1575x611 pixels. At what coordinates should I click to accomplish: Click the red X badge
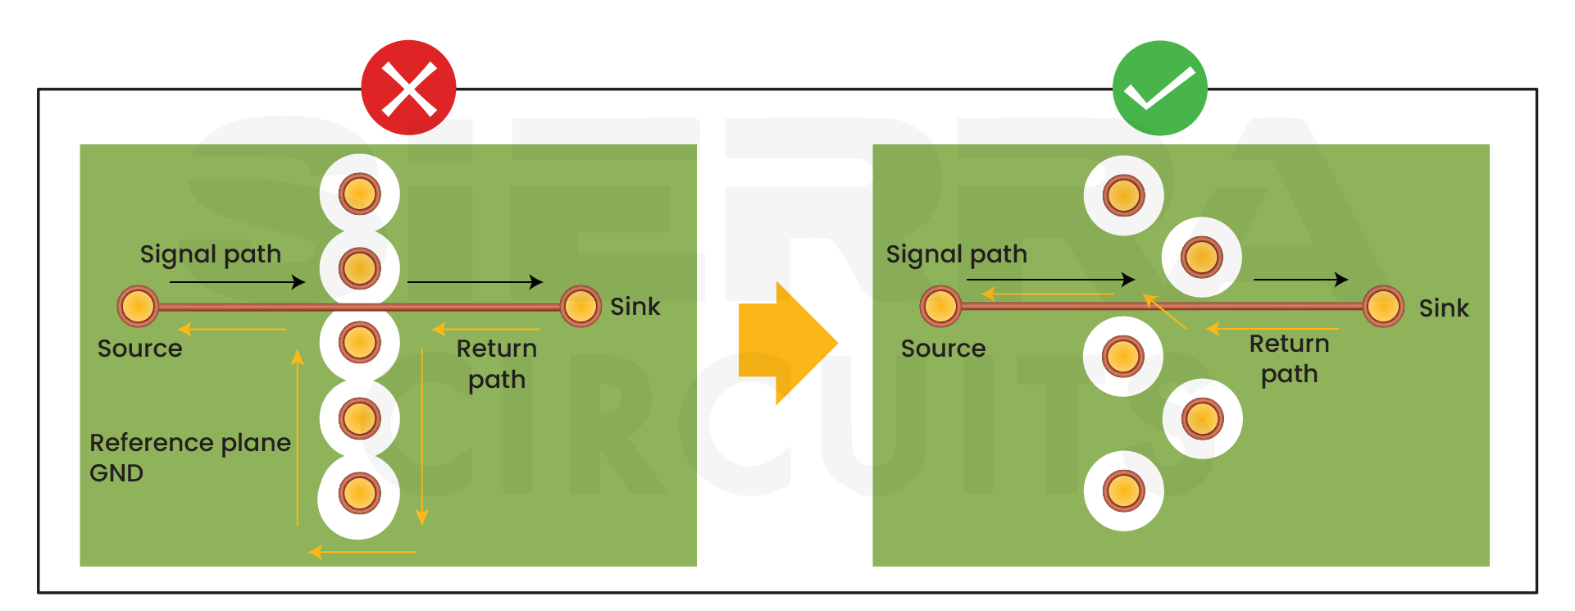pyautogui.click(x=408, y=89)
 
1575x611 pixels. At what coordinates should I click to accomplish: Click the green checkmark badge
pyautogui.click(x=1159, y=89)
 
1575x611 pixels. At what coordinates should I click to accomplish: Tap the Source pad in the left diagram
pyautogui.click(x=138, y=307)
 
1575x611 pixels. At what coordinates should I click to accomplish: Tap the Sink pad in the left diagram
pyautogui.click(x=580, y=307)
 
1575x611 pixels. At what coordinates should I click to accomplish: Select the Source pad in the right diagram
pyautogui.click(x=940, y=307)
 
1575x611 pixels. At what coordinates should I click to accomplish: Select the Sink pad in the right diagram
pyautogui.click(x=1383, y=307)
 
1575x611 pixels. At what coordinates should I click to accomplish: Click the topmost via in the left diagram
pyautogui.click(x=359, y=194)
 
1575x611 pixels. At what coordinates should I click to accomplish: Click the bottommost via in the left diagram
pyautogui.click(x=358, y=494)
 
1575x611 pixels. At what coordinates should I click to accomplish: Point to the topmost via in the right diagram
pyautogui.click(x=1123, y=195)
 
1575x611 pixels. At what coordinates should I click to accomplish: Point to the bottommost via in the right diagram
pyautogui.click(x=1123, y=490)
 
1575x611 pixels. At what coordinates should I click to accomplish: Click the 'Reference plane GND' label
pyautogui.click(x=189, y=458)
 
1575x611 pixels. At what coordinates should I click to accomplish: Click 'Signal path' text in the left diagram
pyautogui.click(x=210, y=254)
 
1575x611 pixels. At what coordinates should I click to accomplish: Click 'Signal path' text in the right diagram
pyautogui.click(x=956, y=254)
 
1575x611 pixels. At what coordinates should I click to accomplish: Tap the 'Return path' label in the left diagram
pyautogui.click(x=496, y=364)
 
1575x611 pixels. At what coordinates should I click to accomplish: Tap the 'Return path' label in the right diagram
pyautogui.click(x=1289, y=358)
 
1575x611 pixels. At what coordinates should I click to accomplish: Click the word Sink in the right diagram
pyautogui.click(x=1443, y=308)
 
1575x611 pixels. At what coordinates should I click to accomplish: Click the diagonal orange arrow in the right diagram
pyautogui.click(x=1165, y=312)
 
